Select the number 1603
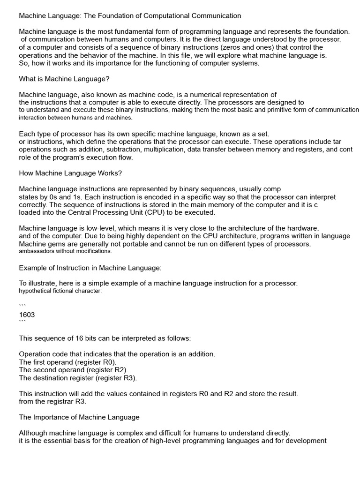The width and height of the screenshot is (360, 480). coord(27,315)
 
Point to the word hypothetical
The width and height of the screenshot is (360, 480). coord(36,291)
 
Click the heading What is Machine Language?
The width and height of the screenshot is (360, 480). coord(64,79)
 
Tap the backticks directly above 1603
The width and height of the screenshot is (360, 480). coord(22,306)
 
